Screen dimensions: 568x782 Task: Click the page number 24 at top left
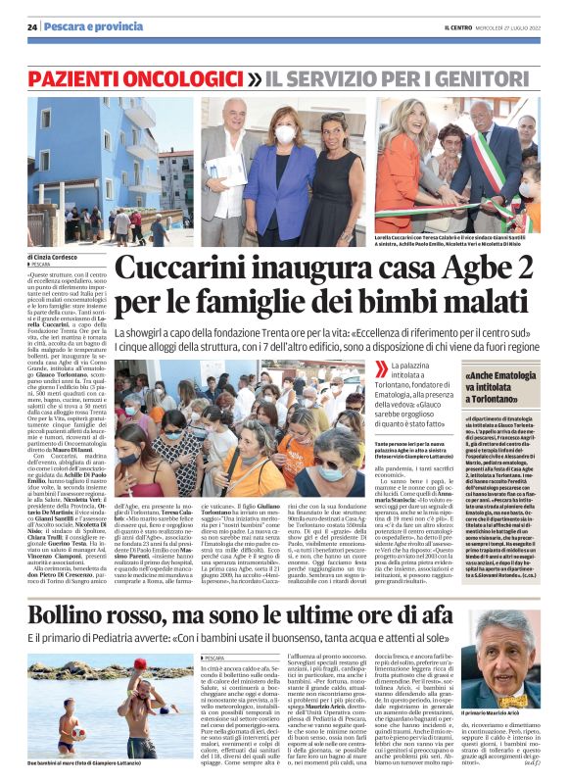pos(31,26)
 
